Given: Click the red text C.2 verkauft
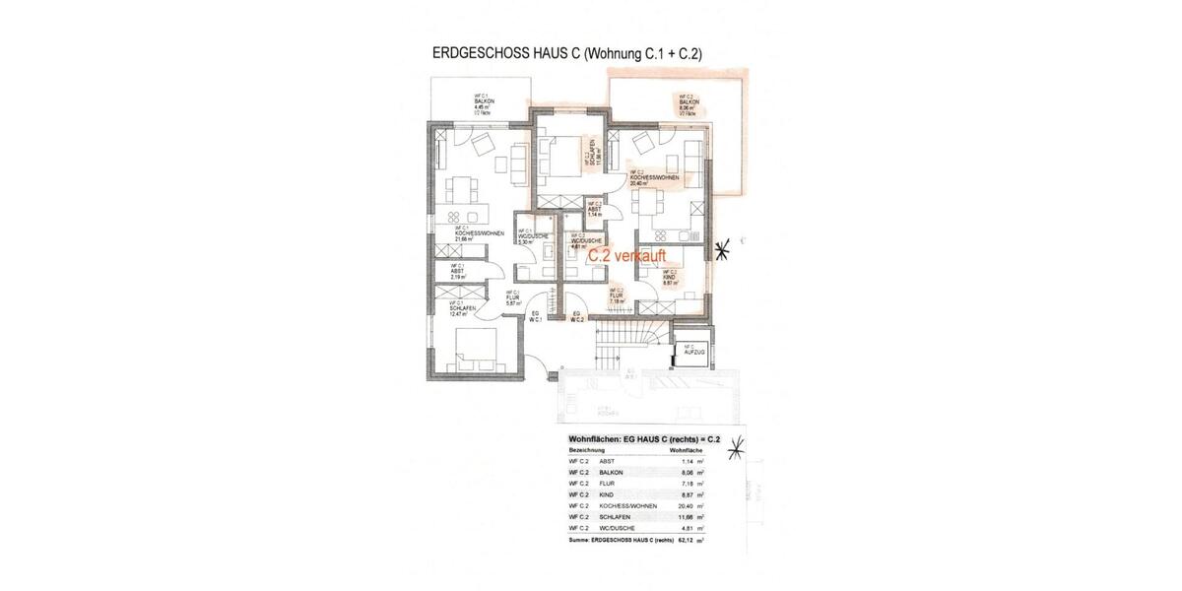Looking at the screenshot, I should pyautogui.click(x=627, y=255).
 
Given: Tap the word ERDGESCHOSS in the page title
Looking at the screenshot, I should pyautogui.click(x=478, y=57).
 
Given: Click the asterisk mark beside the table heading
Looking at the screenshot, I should pyautogui.click(x=735, y=450).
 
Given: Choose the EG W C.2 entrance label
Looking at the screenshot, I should pyautogui.click(x=579, y=317).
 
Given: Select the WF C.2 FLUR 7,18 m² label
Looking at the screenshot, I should pyautogui.click(x=617, y=294).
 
